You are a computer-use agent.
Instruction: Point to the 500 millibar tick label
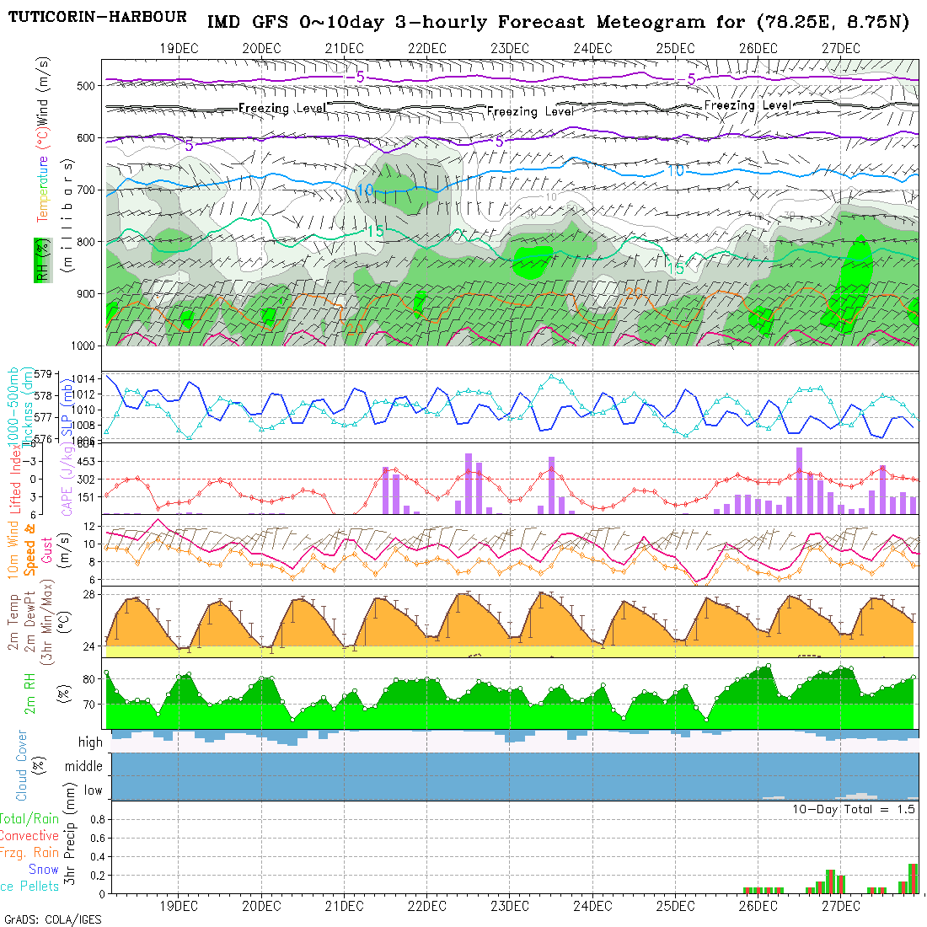click(85, 85)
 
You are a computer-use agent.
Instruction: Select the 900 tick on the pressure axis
click(85, 294)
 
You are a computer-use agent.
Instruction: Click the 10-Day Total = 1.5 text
click(853, 809)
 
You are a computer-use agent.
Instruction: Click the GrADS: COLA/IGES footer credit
click(52, 919)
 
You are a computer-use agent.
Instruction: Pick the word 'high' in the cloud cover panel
click(90, 742)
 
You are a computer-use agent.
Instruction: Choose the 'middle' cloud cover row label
click(84, 767)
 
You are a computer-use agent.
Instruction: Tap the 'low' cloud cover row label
click(93, 790)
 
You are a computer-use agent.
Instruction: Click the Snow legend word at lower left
click(43, 869)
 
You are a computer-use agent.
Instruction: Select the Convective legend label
click(29, 836)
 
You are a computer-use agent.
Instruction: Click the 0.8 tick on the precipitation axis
click(95, 819)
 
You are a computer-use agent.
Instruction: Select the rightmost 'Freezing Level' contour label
click(747, 105)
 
